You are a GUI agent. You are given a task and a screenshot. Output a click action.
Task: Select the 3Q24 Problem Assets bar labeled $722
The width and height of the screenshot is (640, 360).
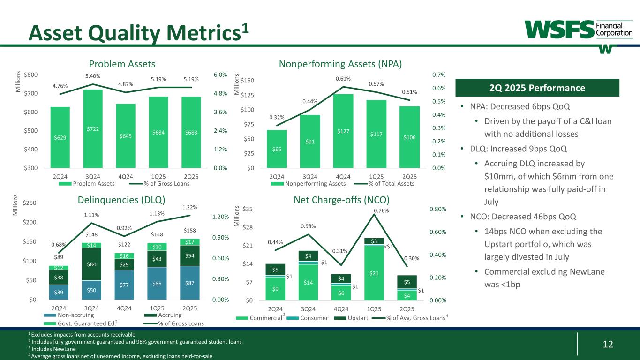tap(92, 128)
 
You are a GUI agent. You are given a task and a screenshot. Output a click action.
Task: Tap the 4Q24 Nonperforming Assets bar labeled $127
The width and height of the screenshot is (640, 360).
tap(343, 131)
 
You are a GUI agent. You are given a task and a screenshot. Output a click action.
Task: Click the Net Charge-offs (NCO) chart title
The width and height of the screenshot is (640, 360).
tap(341, 200)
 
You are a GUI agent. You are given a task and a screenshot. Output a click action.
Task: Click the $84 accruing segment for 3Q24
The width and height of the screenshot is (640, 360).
tap(92, 264)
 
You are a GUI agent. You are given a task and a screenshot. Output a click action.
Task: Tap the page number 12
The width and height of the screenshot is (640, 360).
tap(608, 345)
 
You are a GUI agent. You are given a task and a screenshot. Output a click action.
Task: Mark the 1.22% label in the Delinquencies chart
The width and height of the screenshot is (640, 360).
tap(190, 207)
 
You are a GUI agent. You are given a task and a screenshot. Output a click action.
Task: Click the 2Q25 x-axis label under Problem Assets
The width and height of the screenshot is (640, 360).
tap(191, 176)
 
